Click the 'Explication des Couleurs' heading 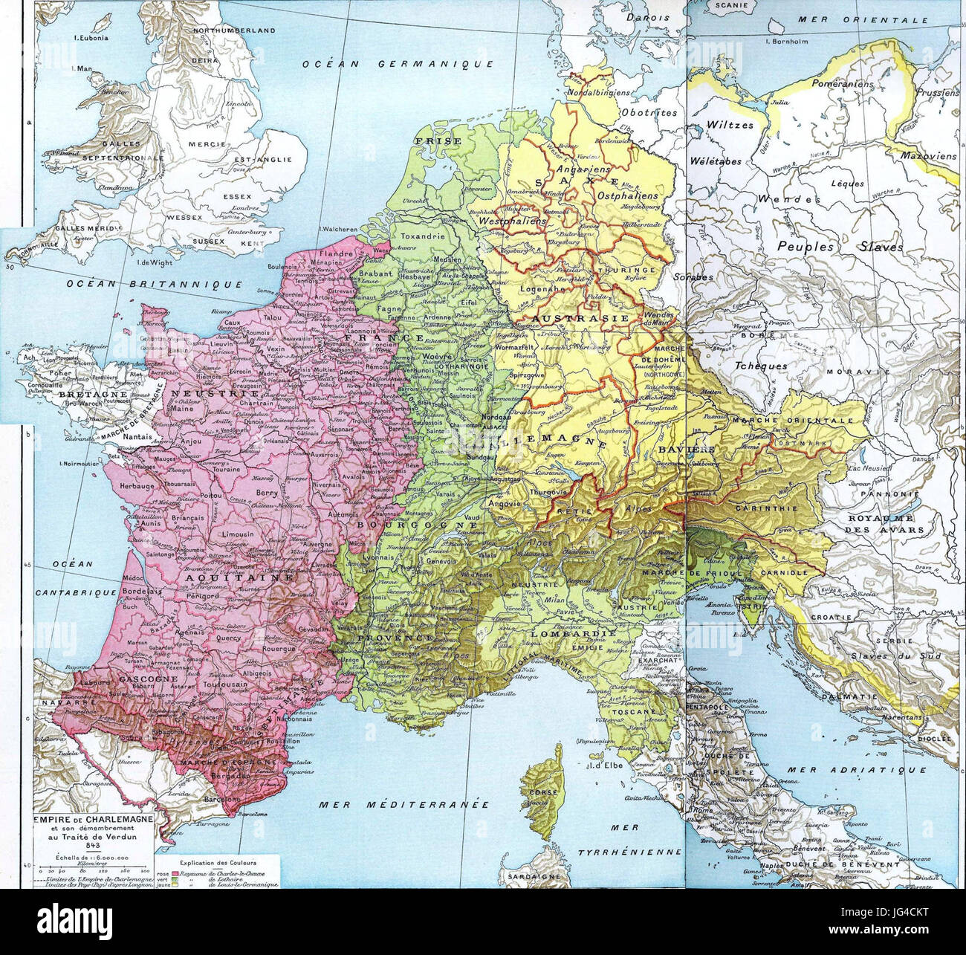point(218,862)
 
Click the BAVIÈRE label point(684,450)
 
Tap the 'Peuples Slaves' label point(840,246)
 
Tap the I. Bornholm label point(796,42)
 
